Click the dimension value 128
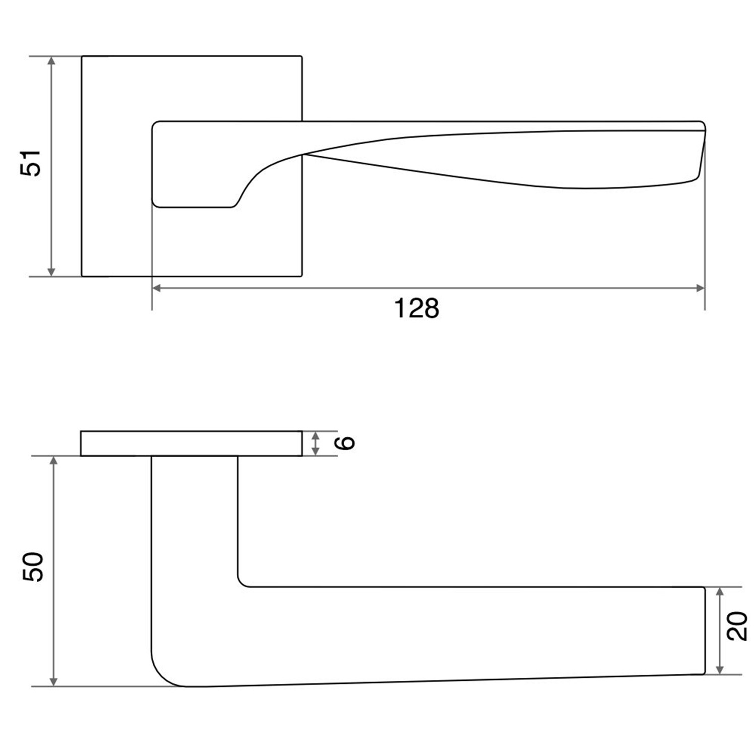pos(416,308)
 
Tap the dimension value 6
pos(346,443)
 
